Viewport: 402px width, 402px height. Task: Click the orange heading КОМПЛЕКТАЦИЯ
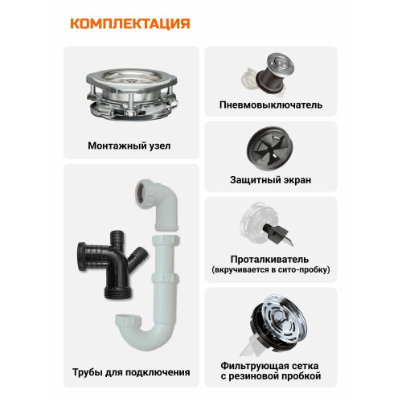(130, 23)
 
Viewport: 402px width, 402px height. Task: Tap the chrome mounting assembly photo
(132, 93)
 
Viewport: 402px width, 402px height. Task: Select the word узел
(159, 146)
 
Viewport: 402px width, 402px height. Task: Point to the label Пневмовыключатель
(271, 105)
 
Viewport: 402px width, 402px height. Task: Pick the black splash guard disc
(269, 149)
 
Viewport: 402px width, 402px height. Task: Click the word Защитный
(252, 180)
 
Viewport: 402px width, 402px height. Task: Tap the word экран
(295, 180)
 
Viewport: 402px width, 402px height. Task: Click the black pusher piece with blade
(277, 234)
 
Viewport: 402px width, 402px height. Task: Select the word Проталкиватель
(269, 260)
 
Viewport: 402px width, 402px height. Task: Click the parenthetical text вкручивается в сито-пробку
(271, 269)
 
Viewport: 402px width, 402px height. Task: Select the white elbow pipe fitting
(158, 203)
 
